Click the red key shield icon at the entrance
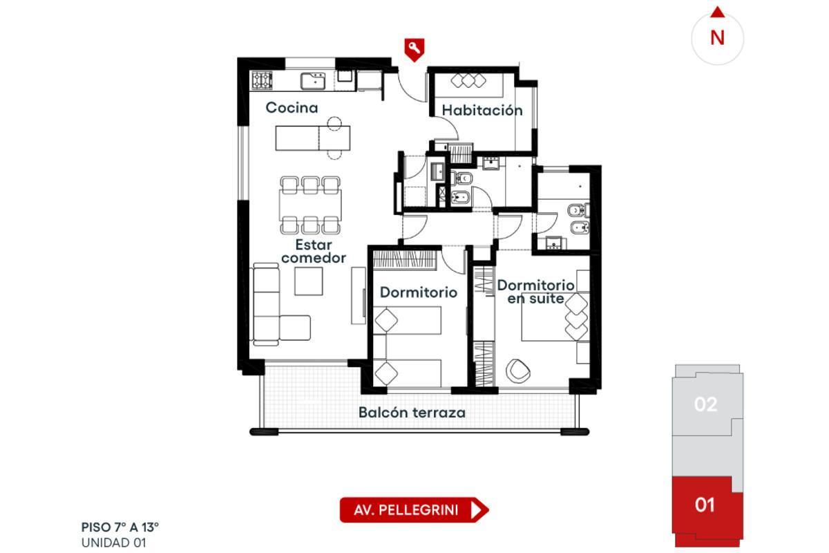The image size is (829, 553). pyautogui.click(x=414, y=50)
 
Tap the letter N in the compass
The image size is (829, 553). pyautogui.click(x=717, y=38)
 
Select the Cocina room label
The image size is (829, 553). pyautogui.click(x=292, y=108)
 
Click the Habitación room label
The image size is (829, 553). pyautogui.click(x=482, y=111)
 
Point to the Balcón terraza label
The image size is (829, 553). pyautogui.click(x=412, y=413)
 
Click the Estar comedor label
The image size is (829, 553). pyautogui.click(x=314, y=251)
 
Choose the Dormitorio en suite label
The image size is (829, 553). pyautogui.click(x=535, y=292)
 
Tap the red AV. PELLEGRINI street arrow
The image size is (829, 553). pyautogui.click(x=414, y=509)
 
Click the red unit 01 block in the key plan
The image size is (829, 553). pyautogui.click(x=707, y=512)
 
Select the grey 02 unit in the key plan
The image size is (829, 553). pyautogui.click(x=706, y=404)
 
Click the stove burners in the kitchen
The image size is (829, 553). pyautogui.click(x=262, y=80)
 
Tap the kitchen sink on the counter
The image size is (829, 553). pyautogui.click(x=313, y=81)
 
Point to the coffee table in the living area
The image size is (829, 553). pyautogui.click(x=308, y=281)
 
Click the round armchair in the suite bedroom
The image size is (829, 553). pyautogui.click(x=517, y=371)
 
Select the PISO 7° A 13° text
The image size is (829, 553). pyautogui.click(x=120, y=527)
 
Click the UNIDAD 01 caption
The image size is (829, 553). pyautogui.click(x=113, y=543)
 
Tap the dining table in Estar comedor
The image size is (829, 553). pyautogui.click(x=310, y=205)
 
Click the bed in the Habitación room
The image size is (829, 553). pyautogui.click(x=468, y=85)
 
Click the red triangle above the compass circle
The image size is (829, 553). pyautogui.click(x=718, y=12)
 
